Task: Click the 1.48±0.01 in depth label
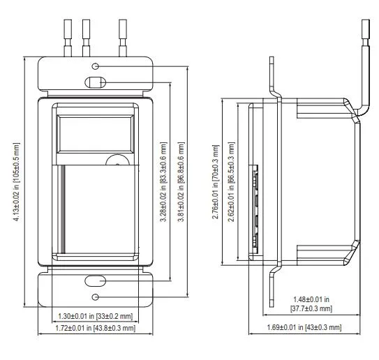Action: pyautogui.click(x=311, y=299)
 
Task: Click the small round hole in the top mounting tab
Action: pyautogui.click(x=96, y=66)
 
